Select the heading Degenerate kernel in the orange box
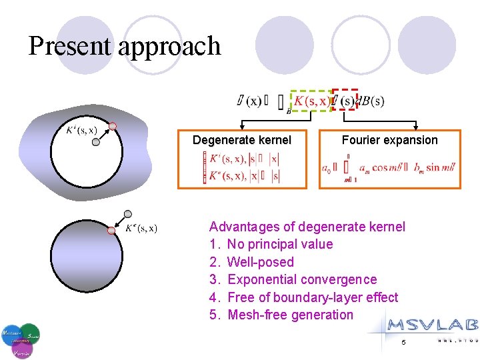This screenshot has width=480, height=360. (x=241, y=140)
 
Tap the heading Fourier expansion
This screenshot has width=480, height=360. (x=389, y=140)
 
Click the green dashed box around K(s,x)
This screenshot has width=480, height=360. (x=311, y=101)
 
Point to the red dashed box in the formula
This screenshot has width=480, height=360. (x=345, y=100)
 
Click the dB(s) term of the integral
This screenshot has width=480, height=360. (x=371, y=101)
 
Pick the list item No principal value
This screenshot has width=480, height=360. (x=279, y=244)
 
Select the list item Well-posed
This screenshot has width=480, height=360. (x=260, y=262)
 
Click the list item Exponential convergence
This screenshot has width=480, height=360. (x=301, y=279)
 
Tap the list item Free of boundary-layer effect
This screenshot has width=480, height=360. (x=312, y=297)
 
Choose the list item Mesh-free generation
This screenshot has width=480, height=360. (x=290, y=315)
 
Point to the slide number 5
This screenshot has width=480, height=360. (x=403, y=343)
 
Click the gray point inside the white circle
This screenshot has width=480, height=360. (x=96, y=141)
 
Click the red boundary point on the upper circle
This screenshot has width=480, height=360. (x=113, y=126)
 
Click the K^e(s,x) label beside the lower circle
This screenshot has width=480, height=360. (x=141, y=229)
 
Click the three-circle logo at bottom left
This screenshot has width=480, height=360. (x=21, y=340)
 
